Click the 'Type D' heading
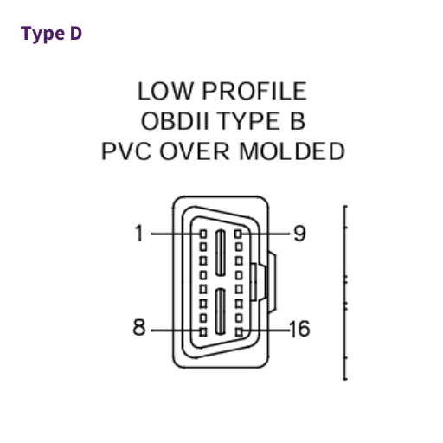tap(51, 34)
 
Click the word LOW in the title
tap(165, 91)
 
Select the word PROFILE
tap(254, 91)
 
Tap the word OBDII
tap(175, 121)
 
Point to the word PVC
tap(126, 151)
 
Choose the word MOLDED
tap(292, 151)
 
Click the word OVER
tap(195, 151)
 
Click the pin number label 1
tap(139, 233)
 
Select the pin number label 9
tap(299, 233)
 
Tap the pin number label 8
tap(139, 327)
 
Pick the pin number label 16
tap(299, 329)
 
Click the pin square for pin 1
tap(203, 234)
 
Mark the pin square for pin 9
tap(238, 234)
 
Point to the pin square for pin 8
tap(203, 332)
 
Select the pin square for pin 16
tap(239, 332)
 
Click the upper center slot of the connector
tap(221, 253)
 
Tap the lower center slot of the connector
tap(221, 311)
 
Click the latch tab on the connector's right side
tap(272, 283)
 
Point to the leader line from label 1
tap(176, 234)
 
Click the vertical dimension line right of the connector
tap(344, 292)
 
